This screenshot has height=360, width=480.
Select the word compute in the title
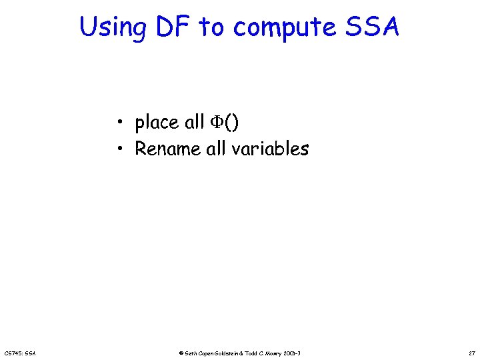click(290, 28)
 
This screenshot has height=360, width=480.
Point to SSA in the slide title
click(375, 27)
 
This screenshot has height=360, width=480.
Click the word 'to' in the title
click(212, 28)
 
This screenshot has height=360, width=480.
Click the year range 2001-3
click(299, 352)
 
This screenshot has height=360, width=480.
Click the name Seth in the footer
click(189, 352)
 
